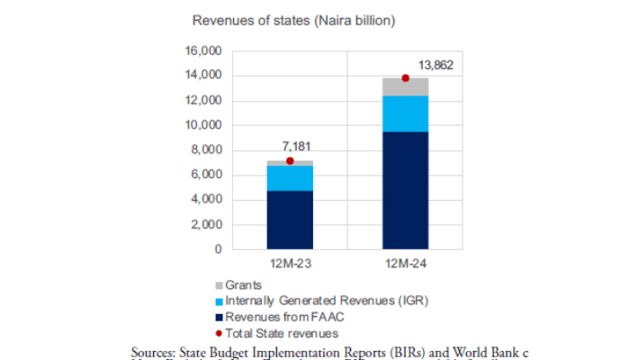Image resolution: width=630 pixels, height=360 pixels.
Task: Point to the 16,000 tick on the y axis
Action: tap(202, 51)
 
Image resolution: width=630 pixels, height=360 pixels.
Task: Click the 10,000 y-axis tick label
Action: tap(202, 125)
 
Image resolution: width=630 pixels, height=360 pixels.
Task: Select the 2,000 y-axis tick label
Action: tap(206, 224)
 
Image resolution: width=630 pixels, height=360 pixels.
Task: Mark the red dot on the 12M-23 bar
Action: tap(290, 161)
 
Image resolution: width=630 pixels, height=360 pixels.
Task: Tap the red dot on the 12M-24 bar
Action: tap(405, 78)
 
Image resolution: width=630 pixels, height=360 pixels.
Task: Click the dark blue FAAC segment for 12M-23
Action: tap(290, 220)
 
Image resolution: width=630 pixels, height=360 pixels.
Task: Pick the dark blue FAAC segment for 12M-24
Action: tap(405, 190)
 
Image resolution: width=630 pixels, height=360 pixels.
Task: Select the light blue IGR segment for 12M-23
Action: tap(290, 178)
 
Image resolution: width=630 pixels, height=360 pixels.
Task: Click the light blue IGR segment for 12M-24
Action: tap(405, 114)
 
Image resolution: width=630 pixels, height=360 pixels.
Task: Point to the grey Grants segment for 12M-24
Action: tap(405, 87)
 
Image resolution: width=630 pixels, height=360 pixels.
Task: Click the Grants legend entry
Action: tap(242, 285)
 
